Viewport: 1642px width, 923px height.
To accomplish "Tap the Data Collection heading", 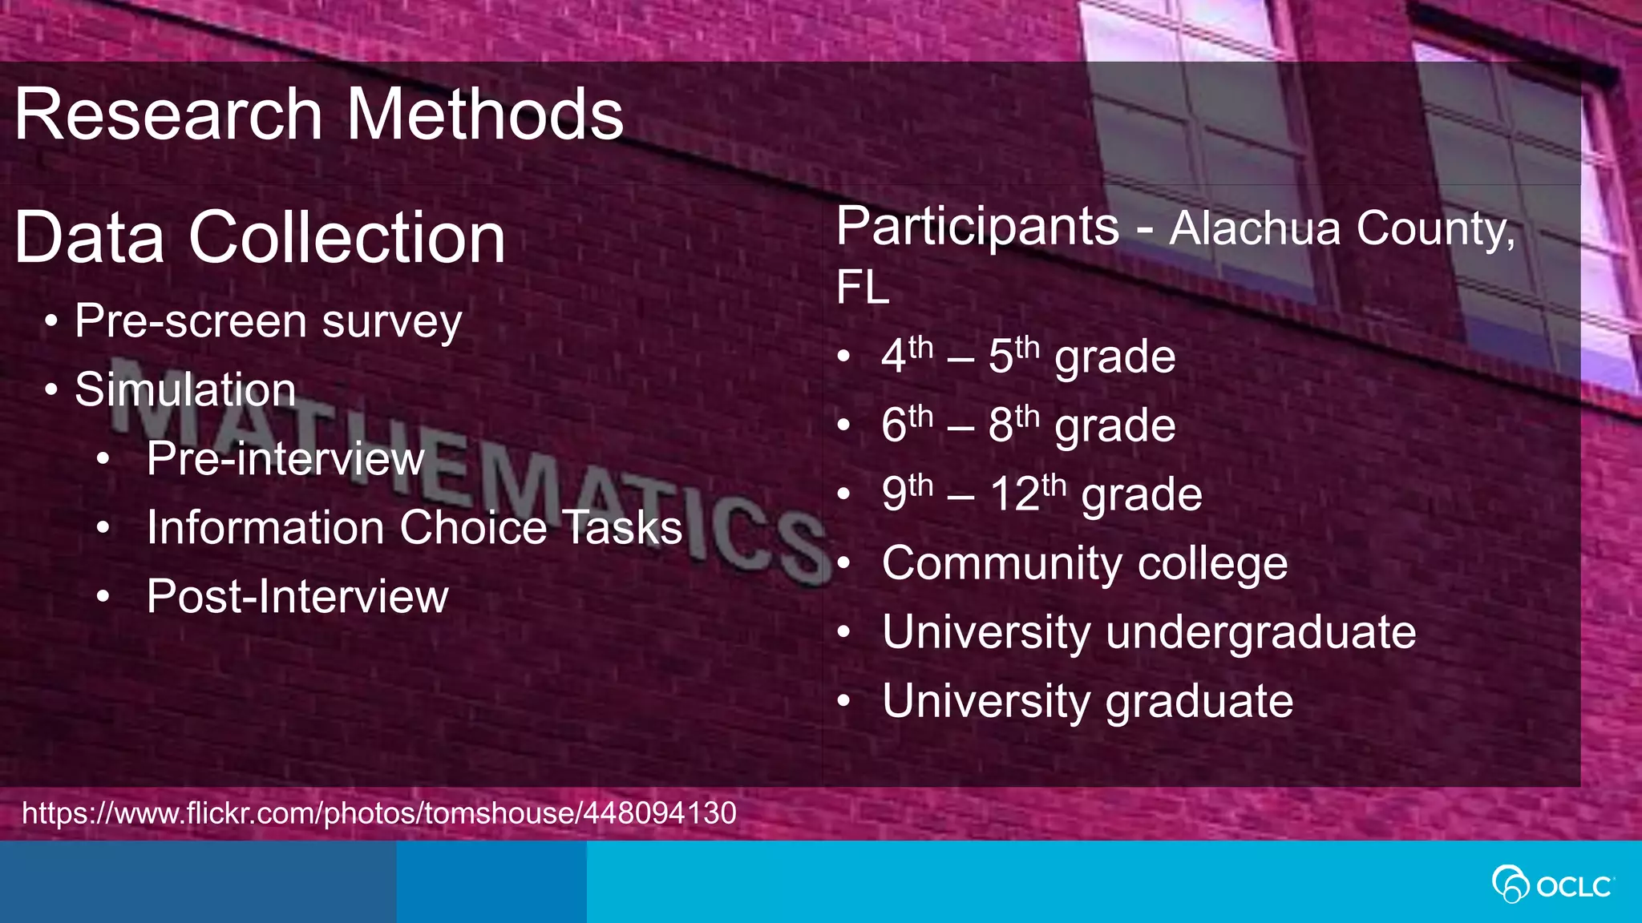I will click(260, 237).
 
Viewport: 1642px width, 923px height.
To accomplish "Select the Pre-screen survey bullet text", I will click(268, 322).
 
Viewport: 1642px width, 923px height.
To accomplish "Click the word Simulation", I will click(185, 390).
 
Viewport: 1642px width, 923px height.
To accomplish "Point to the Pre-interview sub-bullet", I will click(285, 459).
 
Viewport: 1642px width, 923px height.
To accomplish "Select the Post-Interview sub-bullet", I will click(297, 597).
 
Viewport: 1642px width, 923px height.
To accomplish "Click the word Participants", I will click(977, 227).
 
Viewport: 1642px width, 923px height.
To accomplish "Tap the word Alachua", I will click(1254, 229).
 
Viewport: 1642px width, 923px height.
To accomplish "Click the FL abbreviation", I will click(863, 287).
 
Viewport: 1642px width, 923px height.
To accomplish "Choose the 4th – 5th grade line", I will click(1028, 356).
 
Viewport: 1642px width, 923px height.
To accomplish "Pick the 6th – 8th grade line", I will click(1028, 425).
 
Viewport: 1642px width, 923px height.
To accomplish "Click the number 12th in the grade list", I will click(1028, 493).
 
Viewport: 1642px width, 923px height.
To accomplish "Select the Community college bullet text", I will click(1084, 563).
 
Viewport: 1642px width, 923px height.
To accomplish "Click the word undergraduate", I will click(1260, 632).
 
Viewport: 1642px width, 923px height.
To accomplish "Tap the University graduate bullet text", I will click(1087, 701).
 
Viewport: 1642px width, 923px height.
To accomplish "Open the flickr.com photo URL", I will click(378, 813).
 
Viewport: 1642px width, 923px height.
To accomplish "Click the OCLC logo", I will click(1553, 885).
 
